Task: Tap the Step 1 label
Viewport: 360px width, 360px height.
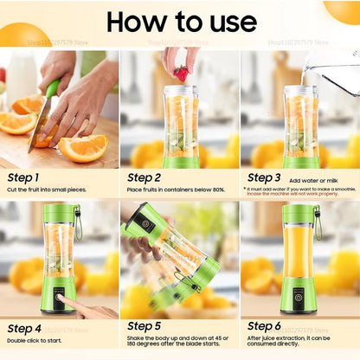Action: click(23, 177)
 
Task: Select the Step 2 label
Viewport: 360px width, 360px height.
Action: click(145, 177)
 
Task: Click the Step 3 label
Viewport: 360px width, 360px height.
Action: click(265, 177)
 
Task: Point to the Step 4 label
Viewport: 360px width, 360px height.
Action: click(23, 328)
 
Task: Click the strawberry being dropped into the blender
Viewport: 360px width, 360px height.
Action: click(180, 73)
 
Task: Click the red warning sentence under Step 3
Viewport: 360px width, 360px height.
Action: click(299, 194)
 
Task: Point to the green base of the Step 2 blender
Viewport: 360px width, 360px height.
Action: click(180, 161)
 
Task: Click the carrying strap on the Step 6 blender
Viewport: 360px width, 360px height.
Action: click(318, 223)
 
